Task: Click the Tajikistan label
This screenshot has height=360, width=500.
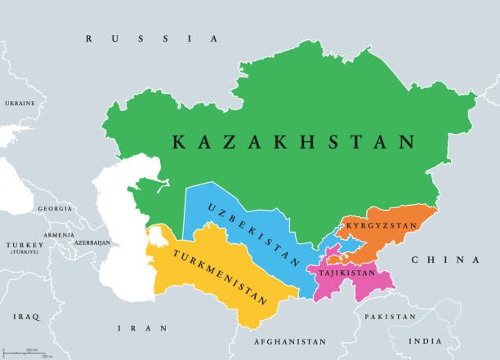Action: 343,273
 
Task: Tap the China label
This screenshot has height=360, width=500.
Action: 444,260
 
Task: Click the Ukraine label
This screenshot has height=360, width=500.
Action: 20,104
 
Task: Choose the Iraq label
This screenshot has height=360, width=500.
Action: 26,314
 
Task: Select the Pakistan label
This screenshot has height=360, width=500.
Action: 390,315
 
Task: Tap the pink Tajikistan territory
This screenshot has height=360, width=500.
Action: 364,286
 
